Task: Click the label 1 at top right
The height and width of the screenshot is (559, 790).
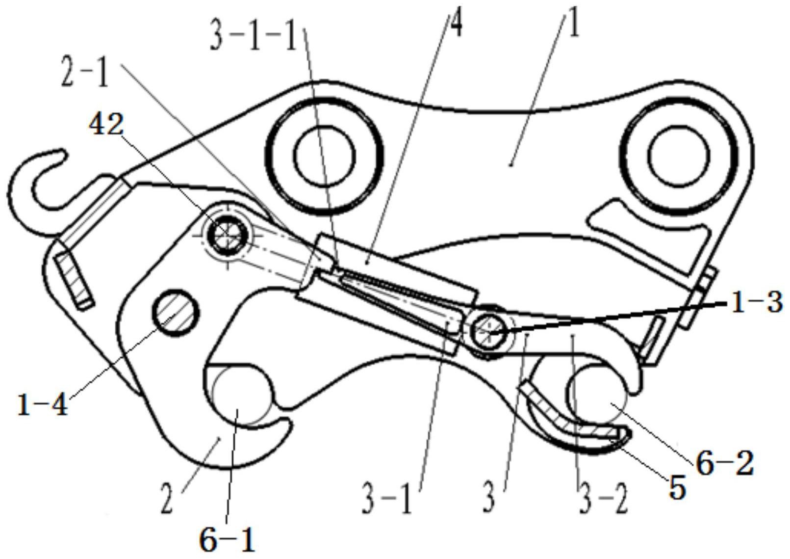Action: [x=574, y=24]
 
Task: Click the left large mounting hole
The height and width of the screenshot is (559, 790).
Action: [x=325, y=156]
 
